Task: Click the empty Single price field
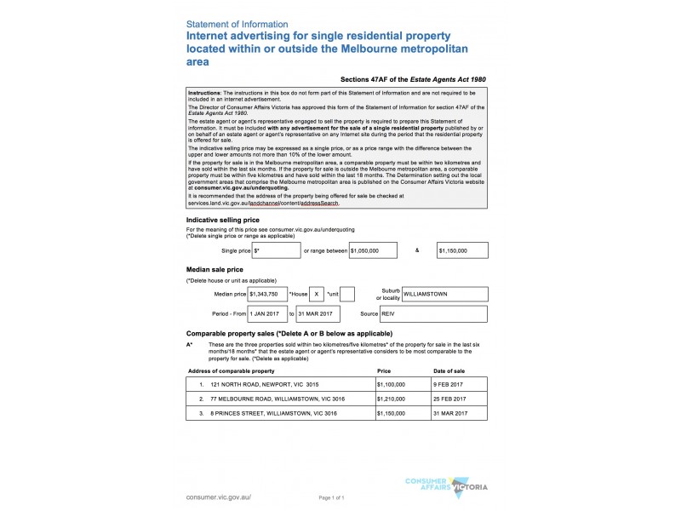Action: pos(276,250)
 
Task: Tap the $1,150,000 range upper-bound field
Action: pos(462,250)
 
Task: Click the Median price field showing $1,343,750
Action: pos(267,294)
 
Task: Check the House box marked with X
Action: pos(317,294)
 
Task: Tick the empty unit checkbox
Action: pos(347,294)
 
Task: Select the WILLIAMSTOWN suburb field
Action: pos(445,294)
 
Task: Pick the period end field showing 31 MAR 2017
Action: pos(318,314)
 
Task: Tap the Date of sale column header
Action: pos(449,371)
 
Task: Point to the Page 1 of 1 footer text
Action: pos(331,497)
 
